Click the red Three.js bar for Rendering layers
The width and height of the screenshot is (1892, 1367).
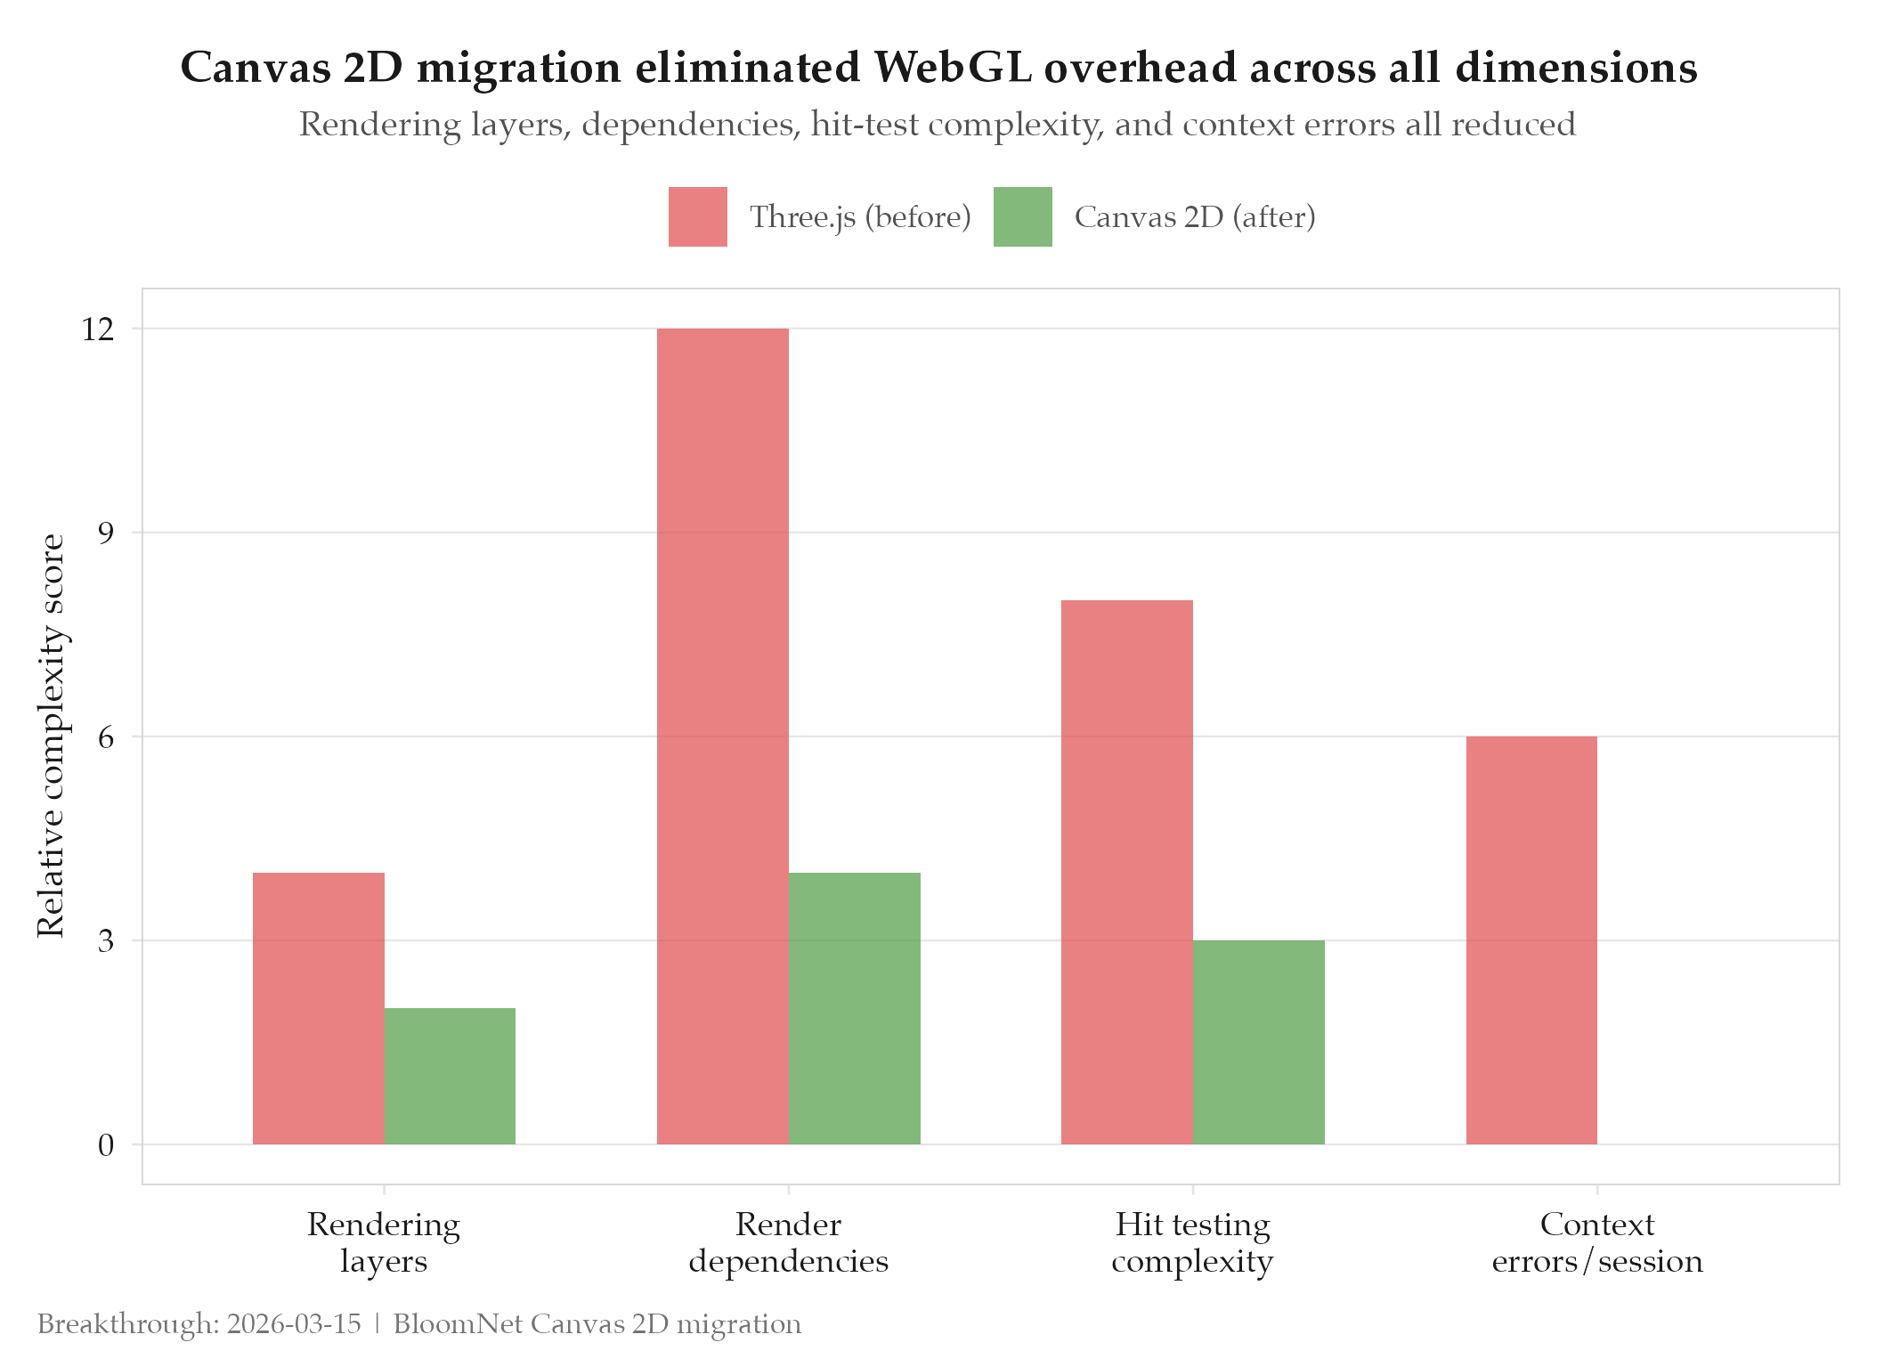pos(318,1008)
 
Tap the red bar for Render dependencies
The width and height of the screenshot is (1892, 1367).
pos(722,736)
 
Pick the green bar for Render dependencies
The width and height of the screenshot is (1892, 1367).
pos(854,1008)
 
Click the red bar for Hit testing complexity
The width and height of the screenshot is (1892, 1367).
pos(1126,872)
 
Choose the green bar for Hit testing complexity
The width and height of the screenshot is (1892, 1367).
pos(1258,1042)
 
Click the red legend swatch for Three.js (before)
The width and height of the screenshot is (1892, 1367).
pos(697,216)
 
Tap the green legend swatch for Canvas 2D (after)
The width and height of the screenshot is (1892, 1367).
pos(1022,216)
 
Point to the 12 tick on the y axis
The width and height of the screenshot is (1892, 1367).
pos(98,330)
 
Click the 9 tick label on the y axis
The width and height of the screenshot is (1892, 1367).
pos(106,533)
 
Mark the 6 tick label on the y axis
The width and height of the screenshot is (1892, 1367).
pos(106,737)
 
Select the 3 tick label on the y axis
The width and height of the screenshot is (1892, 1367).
pos(106,941)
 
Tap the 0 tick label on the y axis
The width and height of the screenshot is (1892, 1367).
pos(106,1145)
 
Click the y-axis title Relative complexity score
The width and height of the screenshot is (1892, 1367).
pos(51,736)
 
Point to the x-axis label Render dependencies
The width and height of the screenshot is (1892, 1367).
pos(788,1242)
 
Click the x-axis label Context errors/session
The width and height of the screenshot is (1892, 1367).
pos(1596,1242)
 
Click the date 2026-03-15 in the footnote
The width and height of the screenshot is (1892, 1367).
pos(294,1324)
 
